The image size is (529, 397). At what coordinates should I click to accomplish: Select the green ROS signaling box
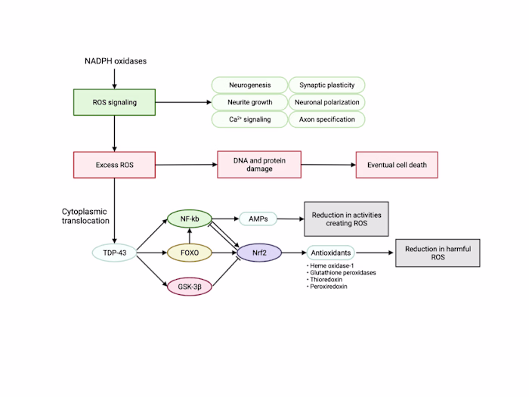(113, 102)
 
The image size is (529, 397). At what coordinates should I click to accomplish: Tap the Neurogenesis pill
(249, 85)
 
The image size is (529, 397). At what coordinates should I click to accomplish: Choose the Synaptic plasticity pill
(326, 85)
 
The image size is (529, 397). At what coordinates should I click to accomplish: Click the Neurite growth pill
(249, 102)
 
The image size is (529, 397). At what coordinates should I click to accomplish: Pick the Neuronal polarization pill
(326, 102)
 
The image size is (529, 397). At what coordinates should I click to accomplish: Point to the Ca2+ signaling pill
(249, 119)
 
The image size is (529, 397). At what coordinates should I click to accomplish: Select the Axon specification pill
(326, 119)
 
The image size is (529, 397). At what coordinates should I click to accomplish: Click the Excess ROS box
(113, 164)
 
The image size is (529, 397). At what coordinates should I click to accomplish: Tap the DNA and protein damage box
(258, 164)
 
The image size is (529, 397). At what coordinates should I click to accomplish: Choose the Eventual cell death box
(397, 164)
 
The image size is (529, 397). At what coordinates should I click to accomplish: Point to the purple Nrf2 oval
(259, 252)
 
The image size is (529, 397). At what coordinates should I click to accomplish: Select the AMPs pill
(258, 219)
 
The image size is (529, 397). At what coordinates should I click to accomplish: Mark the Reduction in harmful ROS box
(438, 252)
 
